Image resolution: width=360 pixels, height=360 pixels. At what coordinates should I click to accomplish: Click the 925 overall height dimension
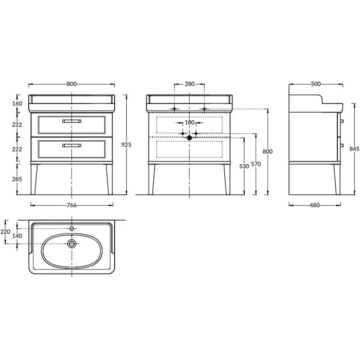(127, 145)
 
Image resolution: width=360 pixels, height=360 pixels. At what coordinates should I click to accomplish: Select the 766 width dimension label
(71, 205)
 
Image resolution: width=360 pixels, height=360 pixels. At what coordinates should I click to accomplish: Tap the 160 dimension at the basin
(17, 103)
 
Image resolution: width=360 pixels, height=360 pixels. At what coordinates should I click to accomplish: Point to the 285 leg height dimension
(17, 179)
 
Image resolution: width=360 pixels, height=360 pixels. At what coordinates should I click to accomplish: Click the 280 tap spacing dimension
(190, 84)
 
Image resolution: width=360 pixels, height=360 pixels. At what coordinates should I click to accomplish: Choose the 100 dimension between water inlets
(190, 122)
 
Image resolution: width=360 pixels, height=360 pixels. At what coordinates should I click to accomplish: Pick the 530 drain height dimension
(244, 166)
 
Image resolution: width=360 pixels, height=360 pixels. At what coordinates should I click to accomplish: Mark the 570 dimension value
(256, 164)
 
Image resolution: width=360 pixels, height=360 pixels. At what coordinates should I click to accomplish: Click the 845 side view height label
(354, 149)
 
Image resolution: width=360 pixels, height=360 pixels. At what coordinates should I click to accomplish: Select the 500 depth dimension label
(316, 84)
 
